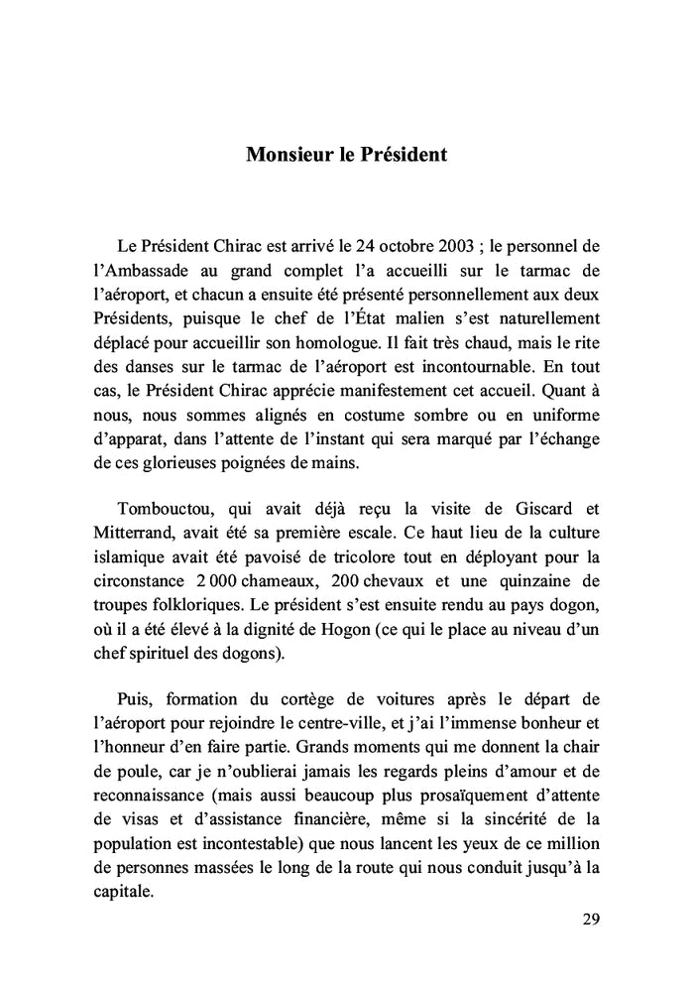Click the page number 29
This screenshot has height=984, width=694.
(x=591, y=919)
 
